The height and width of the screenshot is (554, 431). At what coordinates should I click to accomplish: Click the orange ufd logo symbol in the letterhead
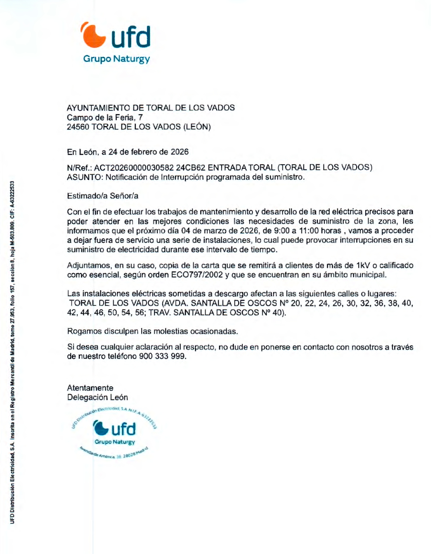[94, 35]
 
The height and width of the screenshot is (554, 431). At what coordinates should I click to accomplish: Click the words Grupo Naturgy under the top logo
[117, 59]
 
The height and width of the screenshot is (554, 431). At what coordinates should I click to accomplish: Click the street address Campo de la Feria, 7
[105, 118]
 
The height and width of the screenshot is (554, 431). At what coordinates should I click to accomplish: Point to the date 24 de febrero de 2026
[148, 152]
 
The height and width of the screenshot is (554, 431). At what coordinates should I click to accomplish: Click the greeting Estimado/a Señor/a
[103, 196]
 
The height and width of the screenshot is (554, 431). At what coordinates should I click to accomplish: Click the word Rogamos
[84, 332]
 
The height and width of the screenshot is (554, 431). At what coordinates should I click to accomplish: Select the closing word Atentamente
[90, 388]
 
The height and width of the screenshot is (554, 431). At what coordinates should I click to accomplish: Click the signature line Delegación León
[98, 398]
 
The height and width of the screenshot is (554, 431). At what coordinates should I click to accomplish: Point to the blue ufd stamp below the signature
[114, 433]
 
